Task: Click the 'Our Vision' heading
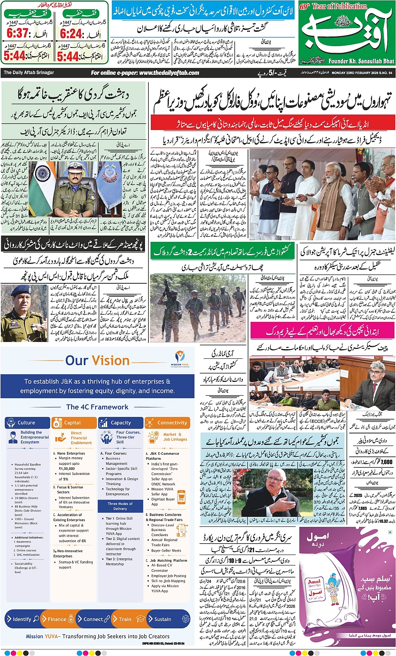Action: [97, 360]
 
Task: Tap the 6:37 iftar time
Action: [18, 33]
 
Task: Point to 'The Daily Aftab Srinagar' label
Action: [29, 73]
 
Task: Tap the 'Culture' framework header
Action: [26, 423]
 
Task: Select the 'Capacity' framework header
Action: [121, 423]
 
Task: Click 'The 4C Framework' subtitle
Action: [97, 407]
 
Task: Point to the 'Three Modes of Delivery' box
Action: [120, 506]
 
